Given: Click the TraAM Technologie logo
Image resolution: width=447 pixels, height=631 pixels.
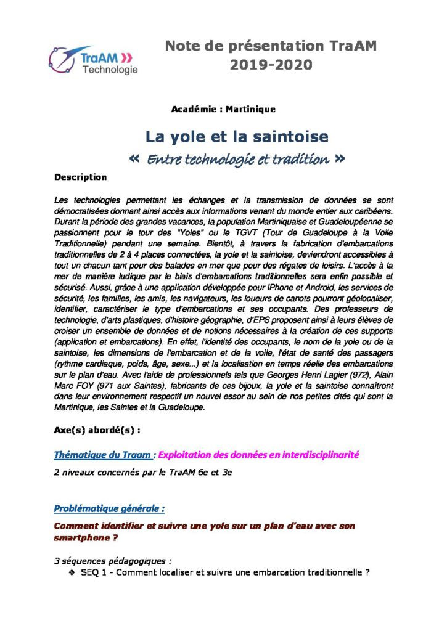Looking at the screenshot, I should [x=94, y=60].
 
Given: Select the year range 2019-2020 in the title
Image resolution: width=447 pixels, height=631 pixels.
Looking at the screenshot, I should [x=271, y=64].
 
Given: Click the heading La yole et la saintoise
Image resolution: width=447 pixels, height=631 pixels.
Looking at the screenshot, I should [x=237, y=136].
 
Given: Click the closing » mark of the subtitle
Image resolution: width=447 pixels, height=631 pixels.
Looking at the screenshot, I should [x=338, y=159].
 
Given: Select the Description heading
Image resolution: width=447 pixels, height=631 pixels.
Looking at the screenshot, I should [x=80, y=177].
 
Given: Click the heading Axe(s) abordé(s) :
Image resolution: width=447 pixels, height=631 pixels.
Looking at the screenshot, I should [x=97, y=430].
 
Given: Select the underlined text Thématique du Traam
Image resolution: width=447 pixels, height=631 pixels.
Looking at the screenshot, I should [x=102, y=455].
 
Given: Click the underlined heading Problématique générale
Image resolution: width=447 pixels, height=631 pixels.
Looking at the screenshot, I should [x=109, y=509].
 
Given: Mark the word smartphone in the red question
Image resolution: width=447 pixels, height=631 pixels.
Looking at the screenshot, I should [x=82, y=537].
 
